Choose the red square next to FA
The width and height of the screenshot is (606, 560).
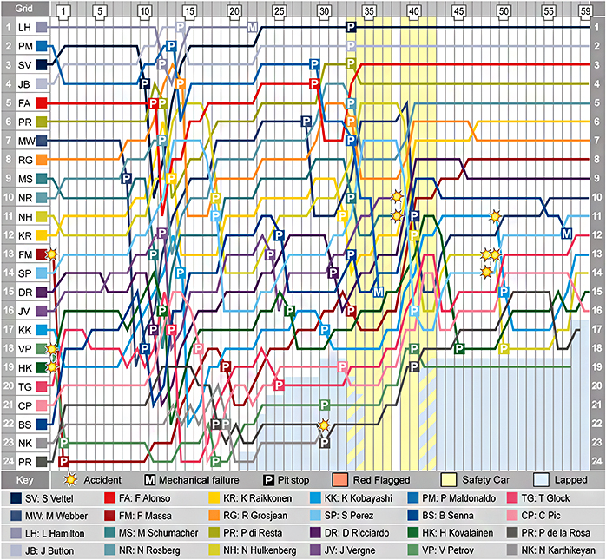[42, 103]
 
